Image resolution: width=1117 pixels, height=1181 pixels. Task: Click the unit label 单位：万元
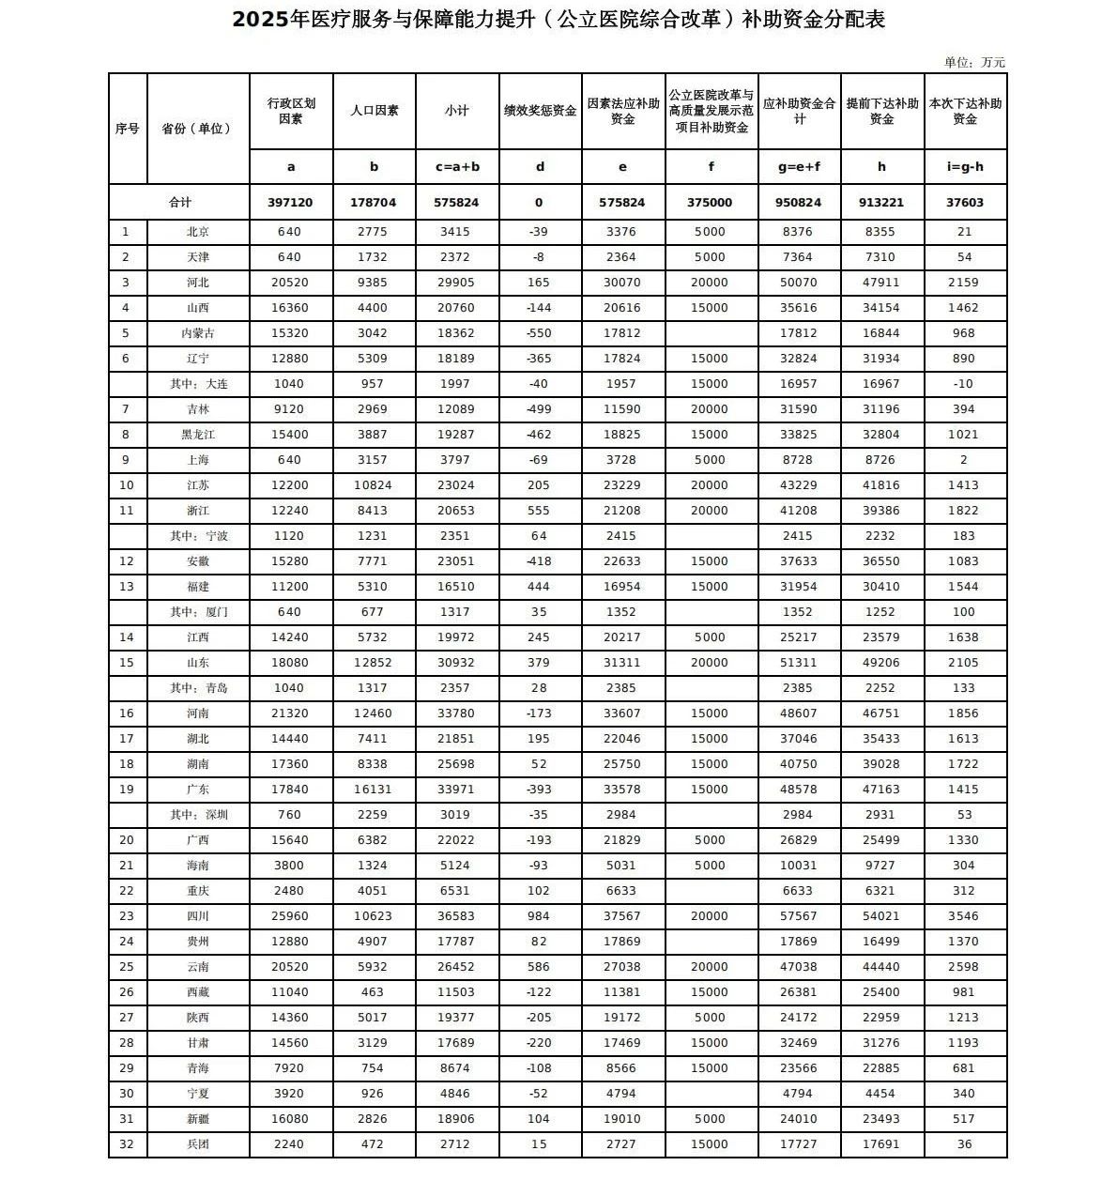tap(974, 62)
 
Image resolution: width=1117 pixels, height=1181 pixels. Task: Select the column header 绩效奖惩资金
tap(540, 111)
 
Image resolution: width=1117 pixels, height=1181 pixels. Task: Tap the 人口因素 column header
tap(374, 111)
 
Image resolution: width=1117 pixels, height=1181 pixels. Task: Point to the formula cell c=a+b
tap(457, 167)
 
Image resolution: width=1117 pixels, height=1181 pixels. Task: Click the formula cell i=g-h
tap(965, 167)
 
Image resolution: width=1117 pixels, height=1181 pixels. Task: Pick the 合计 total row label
tap(179, 203)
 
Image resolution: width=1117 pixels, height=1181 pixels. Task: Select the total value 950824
tap(799, 203)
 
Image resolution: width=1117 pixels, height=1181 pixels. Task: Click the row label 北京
tap(197, 232)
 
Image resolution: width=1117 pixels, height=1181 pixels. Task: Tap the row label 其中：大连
tap(198, 384)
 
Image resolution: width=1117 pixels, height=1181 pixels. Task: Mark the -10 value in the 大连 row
tap(965, 384)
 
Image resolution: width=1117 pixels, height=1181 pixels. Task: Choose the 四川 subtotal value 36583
tap(457, 916)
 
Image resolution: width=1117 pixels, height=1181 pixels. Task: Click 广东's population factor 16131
tap(374, 790)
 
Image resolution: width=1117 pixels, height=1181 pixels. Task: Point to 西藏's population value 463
tap(374, 992)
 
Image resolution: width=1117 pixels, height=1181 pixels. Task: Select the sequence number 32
tap(127, 1144)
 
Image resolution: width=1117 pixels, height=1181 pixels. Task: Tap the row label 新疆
tap(197, 1119)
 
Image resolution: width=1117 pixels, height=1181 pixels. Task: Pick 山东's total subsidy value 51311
tap(799, 663)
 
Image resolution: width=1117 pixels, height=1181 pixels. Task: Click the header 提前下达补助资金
tap(881, 111)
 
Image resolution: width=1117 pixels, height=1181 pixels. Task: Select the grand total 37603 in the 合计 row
tap(965, 203)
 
